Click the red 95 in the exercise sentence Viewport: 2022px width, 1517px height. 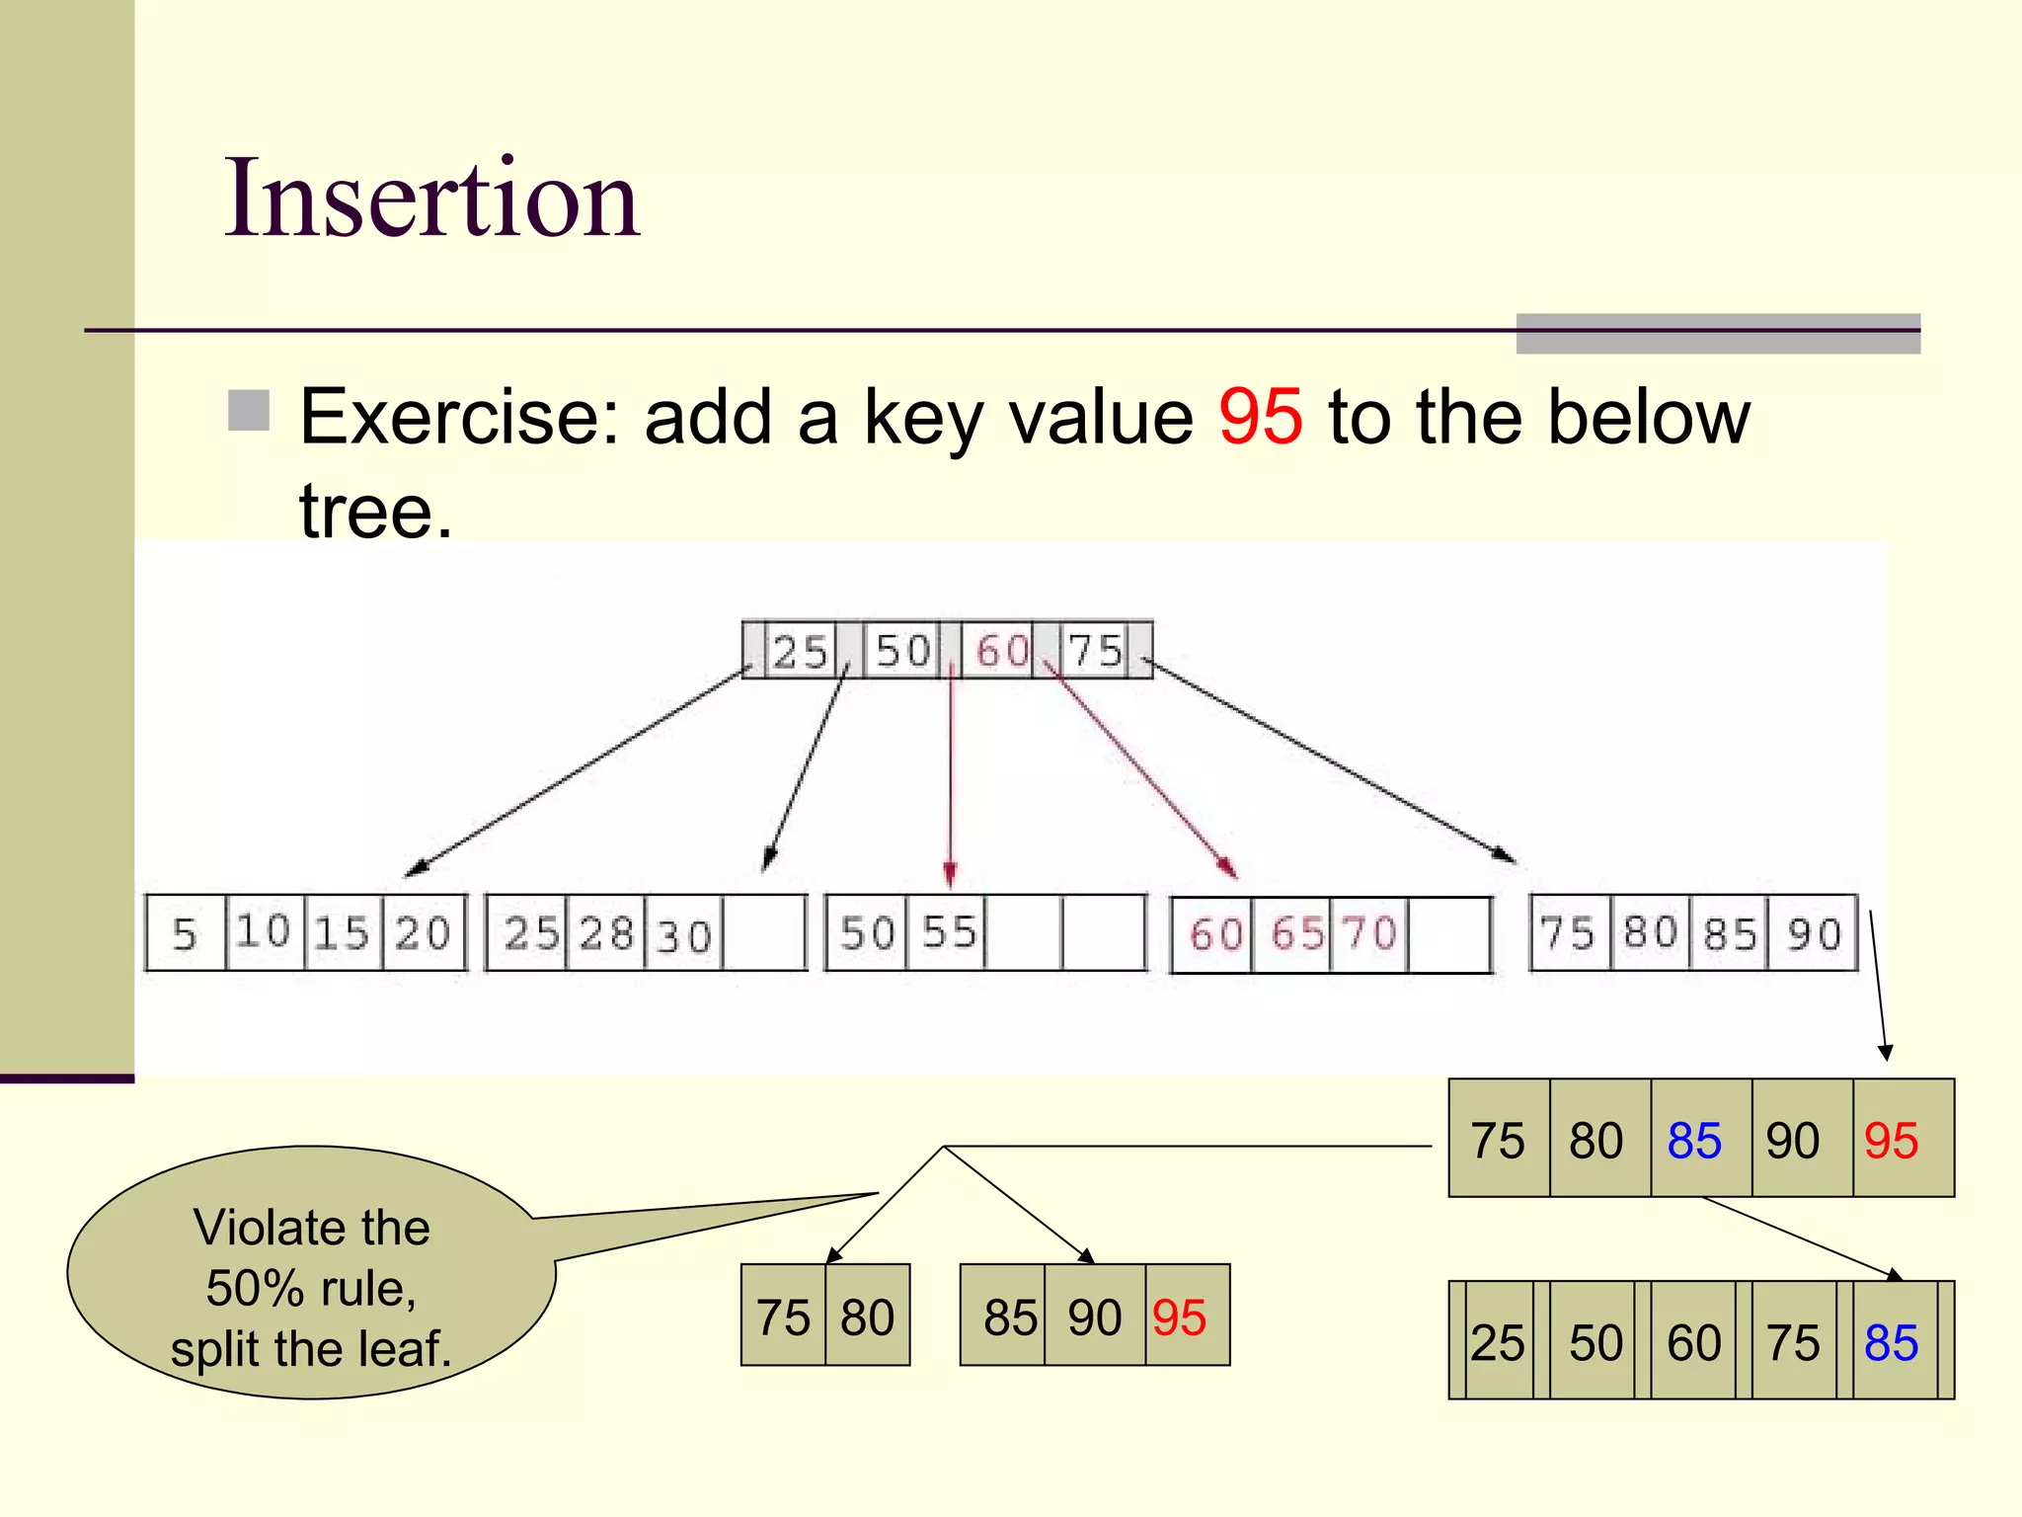(1260, 417)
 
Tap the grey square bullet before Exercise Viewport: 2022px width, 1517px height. (249, 411)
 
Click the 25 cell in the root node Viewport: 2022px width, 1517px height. (799, 651)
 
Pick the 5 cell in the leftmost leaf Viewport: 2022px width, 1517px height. (186, 933)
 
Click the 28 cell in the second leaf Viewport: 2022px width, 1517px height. (605, 933)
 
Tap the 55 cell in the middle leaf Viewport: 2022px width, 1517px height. (948, 932)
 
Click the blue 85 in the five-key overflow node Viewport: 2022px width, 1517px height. (1694, 1141)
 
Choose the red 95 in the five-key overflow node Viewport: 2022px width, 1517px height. (1891, 1141)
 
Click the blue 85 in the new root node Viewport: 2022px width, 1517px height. (1891, 1342)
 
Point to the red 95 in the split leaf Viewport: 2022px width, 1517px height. (1179, 1317)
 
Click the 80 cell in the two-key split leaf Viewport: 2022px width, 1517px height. (867, 1317)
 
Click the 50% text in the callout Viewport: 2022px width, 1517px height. (254, 1288)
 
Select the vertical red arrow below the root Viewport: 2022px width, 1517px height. (950, 770)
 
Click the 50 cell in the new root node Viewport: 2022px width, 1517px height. (1595, 1342)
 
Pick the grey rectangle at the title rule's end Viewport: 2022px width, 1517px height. (1718, 334)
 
